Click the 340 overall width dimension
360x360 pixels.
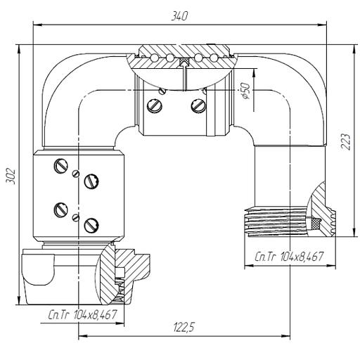[179, 16]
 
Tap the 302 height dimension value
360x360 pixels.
[11, 176]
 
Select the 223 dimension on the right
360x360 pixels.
[346, 142]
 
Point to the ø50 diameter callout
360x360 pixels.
[245, 91]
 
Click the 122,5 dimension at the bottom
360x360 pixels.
[184, 328]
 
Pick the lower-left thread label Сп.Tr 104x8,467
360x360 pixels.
[82, 315]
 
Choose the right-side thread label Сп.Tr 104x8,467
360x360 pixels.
[289, 257]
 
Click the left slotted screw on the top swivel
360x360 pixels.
[155, 105]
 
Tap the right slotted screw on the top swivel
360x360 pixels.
[198, 105]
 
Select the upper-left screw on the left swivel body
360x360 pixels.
[61, 166]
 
